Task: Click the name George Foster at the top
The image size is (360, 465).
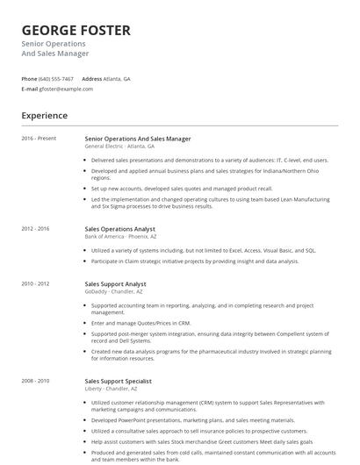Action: coord(76,30)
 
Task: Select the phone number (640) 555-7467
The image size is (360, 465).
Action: coord(56,78)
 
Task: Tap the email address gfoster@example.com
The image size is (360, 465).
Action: coord(66,89)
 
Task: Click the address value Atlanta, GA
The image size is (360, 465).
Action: coord(117,78)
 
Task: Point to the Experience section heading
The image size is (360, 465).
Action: coord(45,115)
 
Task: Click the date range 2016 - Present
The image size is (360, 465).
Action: coord(39,139)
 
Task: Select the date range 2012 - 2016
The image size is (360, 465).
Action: coord(36,228)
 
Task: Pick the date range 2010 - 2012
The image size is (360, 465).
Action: coord(36,284)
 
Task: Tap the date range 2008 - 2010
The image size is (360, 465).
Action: coord(36,381)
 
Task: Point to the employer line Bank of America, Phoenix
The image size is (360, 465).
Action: coord(121,237)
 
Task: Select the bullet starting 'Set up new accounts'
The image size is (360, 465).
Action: coord(182,188)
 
